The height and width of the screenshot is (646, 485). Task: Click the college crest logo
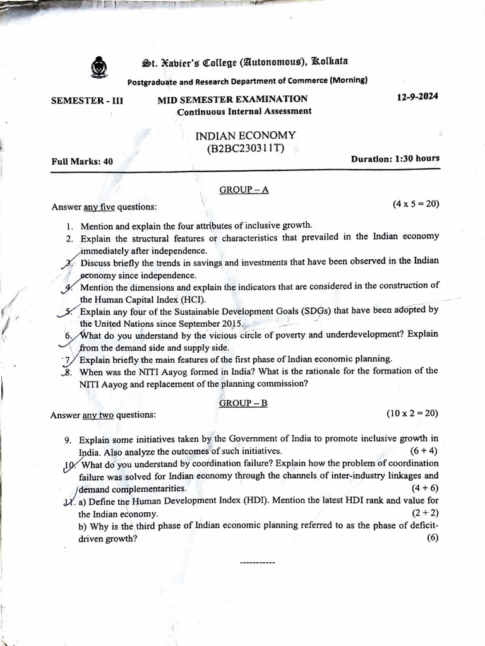tap(99, 67)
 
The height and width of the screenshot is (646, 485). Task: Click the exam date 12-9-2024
tap(417, 97)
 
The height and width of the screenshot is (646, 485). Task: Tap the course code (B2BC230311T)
tap(245, 148)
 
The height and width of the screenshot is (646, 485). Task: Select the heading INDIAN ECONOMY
tap(245, 135)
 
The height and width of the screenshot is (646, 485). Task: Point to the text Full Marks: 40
tap(82, 161)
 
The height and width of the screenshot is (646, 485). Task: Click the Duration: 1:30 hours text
tap(395, 158)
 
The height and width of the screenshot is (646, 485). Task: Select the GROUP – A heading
tap(244, 189)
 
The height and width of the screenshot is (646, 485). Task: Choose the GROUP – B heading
tap(243, 402)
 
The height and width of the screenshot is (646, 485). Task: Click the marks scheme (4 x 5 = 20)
tap(416, 204)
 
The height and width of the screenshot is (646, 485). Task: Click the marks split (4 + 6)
tap(425, 488)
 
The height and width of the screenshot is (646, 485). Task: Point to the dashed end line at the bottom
tap(258, 561)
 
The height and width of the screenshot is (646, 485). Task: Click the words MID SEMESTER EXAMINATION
tap(232, 99)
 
